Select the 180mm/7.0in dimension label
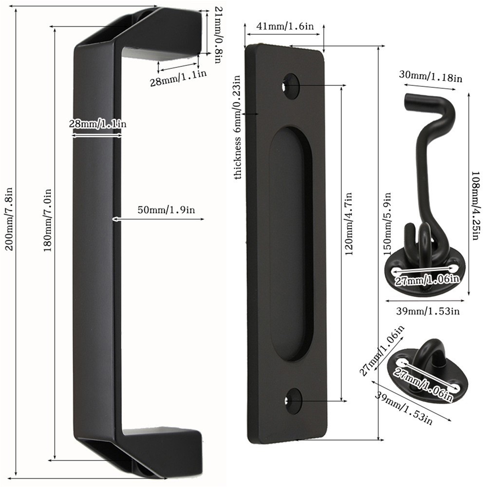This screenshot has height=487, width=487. coord(48,220)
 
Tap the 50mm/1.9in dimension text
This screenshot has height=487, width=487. coord(166,210)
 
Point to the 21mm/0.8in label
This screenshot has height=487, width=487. coord(218,35)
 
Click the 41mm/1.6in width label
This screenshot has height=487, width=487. coord(285,26)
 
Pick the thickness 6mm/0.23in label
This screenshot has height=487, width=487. coord(238,127)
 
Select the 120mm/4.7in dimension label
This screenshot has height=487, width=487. coord(349,224)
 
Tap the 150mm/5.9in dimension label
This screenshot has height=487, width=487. coord(387,224)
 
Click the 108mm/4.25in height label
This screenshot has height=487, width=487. coord(476,206)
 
